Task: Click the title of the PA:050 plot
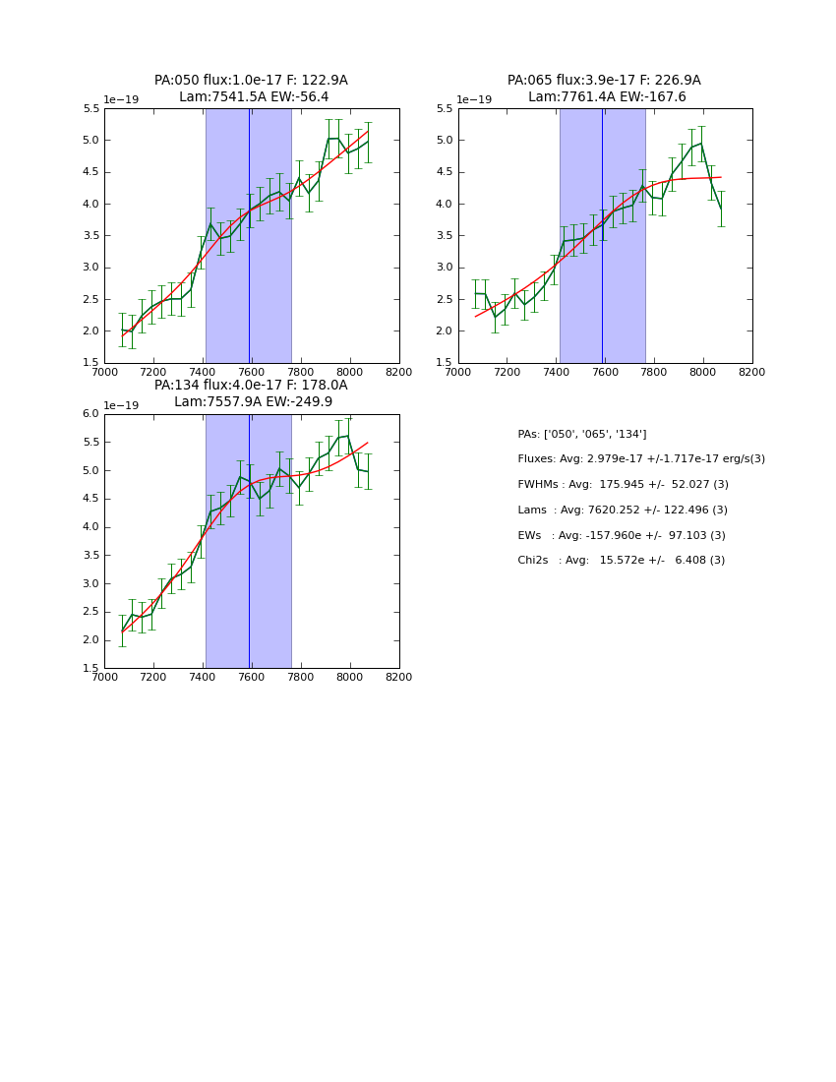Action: (x=251, y=89)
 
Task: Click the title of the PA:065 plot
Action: (x=605, y=89)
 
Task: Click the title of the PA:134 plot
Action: (x=251, y=393)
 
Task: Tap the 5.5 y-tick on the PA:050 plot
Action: (x=90, y=109)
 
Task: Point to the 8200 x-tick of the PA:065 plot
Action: (x=752, y=372)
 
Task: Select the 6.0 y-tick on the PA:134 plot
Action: (x=90, y=414)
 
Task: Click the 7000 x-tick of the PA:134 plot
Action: (x=104, y=677)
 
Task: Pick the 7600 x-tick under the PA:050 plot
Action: (x=252, y=372)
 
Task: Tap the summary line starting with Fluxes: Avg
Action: (x=640, y=459)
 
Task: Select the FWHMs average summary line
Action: (x=623, y=485)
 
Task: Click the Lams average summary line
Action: (x=623, y=511)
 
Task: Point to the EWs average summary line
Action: (x=622, y=535)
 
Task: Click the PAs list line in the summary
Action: (x=581, y=434)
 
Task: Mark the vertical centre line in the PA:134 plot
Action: (x=249, y=541)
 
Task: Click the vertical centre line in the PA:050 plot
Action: (x=249, y=236)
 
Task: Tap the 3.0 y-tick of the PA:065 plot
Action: (x=445, y=268)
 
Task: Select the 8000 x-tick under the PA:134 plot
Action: (x=350, y=677)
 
